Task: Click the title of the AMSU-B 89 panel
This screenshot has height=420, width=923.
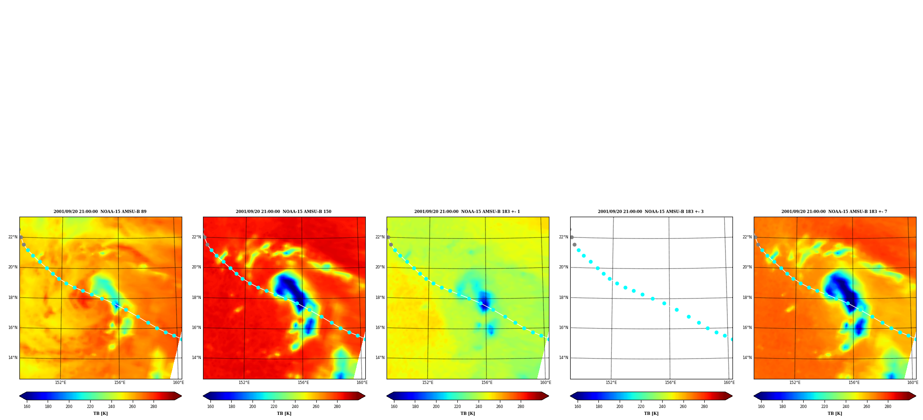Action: coord(100,212)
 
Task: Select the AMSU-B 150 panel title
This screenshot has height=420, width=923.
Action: coord(283,212)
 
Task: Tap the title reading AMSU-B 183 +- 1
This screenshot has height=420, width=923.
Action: coord(467,212)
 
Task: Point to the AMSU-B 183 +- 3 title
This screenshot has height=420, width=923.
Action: coord(651,212)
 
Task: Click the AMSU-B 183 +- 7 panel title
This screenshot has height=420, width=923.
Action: coord(834,212)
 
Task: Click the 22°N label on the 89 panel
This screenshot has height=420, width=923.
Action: coord(13,237)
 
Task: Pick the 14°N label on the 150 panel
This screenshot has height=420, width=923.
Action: coord(197,358)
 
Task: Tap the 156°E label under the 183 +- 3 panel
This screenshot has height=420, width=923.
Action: coord(670,383)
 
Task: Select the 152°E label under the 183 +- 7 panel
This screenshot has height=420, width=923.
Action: coord(795,383)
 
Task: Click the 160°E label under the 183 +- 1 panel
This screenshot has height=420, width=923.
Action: coord(545,383)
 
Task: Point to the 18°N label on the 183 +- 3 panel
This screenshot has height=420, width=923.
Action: coord(564,298)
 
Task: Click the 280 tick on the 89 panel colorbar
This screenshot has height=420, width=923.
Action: coord(154,407)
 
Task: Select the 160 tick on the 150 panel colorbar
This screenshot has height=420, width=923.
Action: coord(210,407)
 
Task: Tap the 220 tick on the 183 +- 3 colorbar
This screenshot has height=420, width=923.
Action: coord(641,407)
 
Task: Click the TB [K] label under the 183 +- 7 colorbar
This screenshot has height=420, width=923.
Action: coord(835,414)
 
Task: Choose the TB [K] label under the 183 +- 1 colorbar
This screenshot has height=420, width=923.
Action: coord(468,414)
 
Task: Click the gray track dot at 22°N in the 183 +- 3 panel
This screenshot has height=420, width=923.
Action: coord(572,237)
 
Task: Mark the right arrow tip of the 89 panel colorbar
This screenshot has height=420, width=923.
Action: coord(181,396)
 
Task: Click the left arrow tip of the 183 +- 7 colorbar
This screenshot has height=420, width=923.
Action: coord(754,396)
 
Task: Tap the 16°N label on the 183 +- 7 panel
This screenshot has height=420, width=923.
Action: coord(747,328)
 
